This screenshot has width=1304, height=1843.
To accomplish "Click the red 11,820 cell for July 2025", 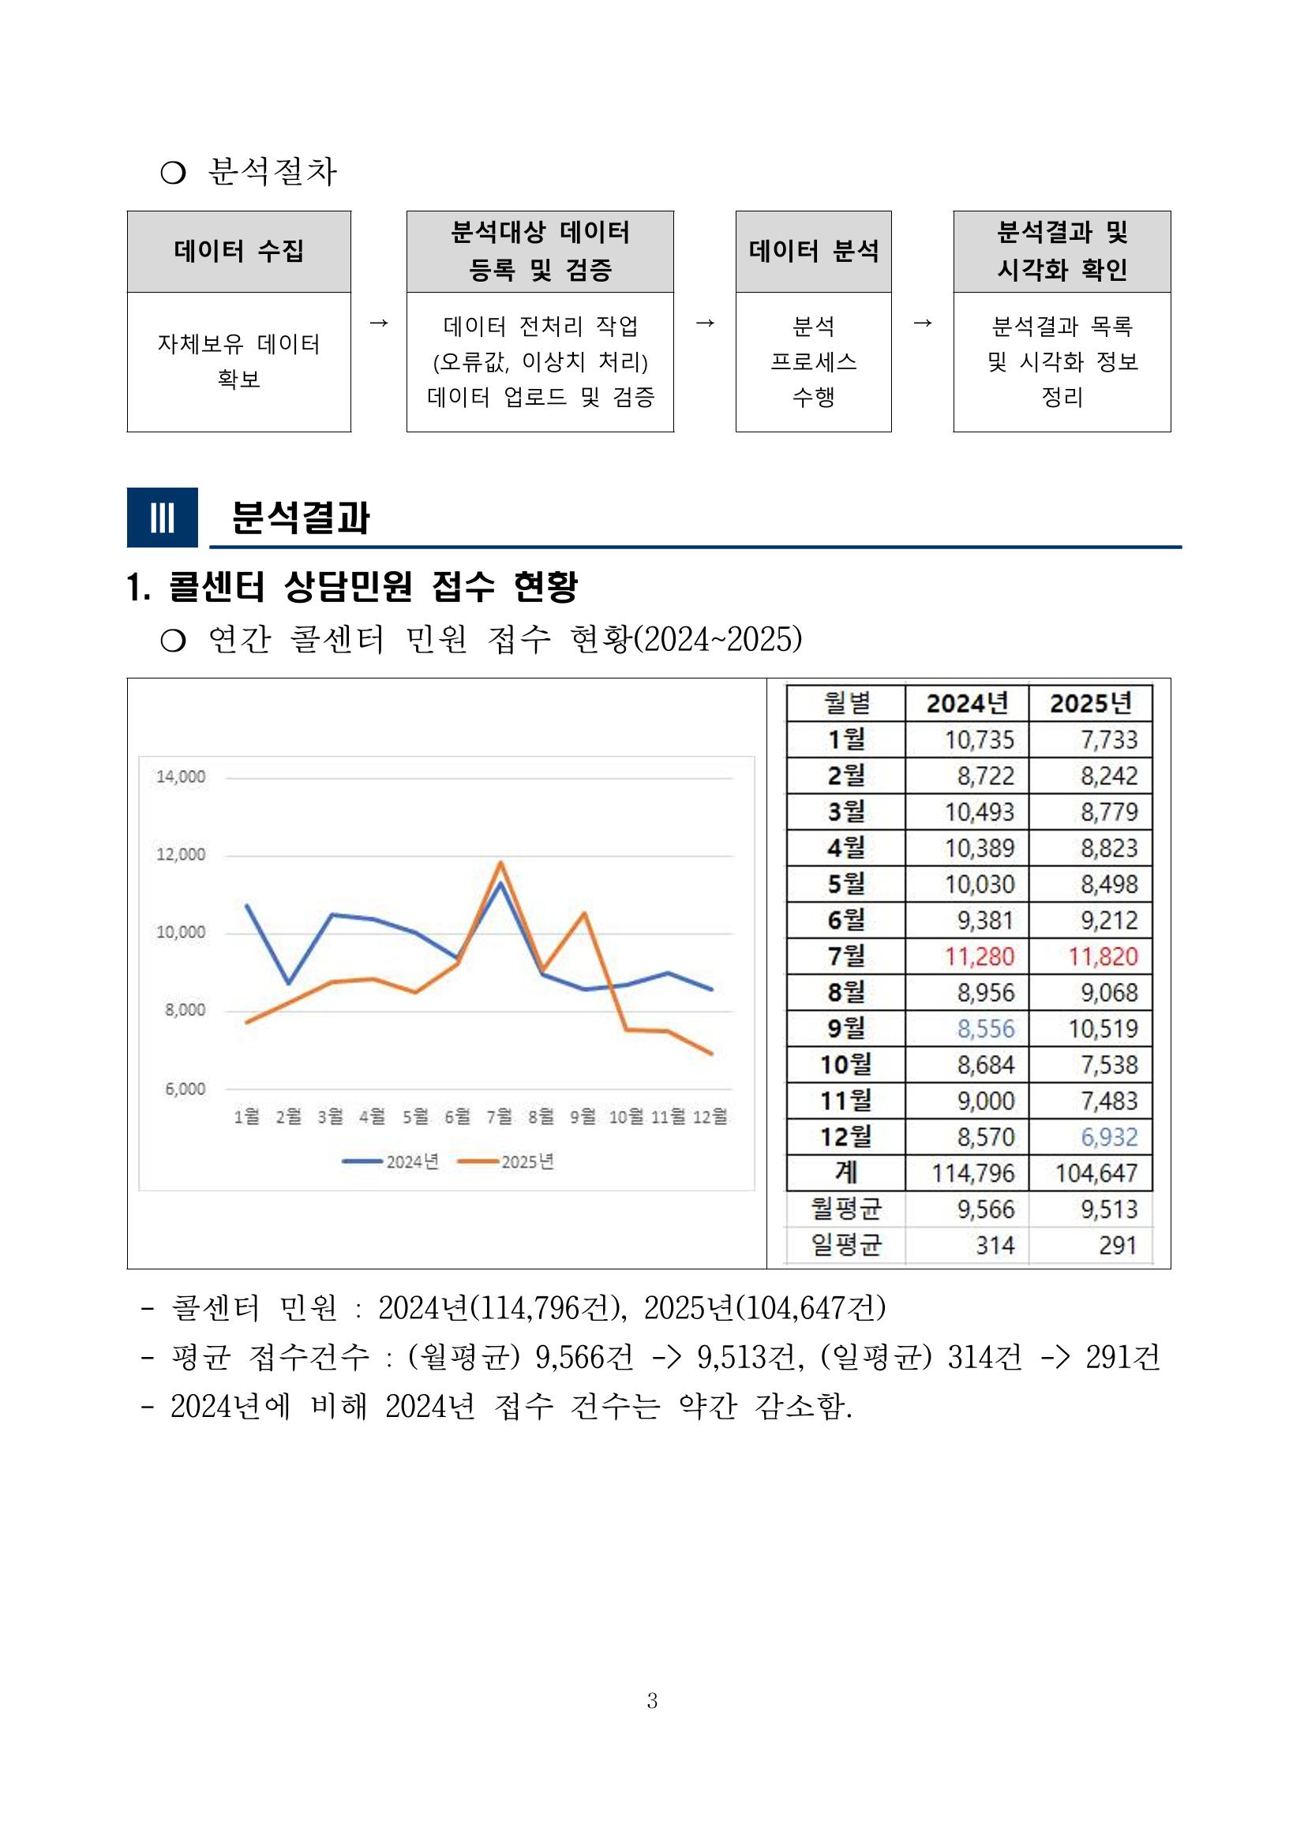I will point(1103,956).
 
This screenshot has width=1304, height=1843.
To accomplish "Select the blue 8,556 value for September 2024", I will point(985,1028).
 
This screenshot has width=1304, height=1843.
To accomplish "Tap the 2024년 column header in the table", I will point(967,703).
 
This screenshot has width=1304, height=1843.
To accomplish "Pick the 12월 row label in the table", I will point(845,1137).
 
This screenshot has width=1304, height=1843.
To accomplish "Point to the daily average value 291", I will point(1118,1245).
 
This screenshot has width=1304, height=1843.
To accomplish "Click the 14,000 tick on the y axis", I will point(181,776).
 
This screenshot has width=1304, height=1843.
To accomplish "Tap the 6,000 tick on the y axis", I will point(185,1089).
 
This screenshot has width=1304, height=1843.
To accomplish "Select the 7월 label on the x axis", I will point(499,1116).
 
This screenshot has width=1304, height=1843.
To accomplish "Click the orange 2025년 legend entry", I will point(507,1161).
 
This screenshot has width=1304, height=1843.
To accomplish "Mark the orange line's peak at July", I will point(501,863).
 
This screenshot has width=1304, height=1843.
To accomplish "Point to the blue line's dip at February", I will point(289,983).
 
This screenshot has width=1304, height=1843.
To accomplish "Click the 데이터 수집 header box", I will point(238,251).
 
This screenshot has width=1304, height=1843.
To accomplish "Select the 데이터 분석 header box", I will point(812,251).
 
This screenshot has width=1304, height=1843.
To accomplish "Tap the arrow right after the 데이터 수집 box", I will point(378,323).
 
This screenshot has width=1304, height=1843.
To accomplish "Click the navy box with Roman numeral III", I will point(162,517).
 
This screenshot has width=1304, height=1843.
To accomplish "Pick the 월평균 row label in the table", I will point(845,1209).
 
